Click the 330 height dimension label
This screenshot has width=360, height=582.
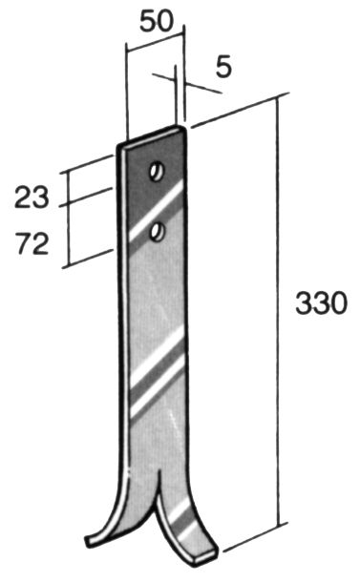click(x=319, y=304)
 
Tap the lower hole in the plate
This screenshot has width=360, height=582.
click(x=157, y=230)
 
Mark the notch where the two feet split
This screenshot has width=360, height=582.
click(x=155, y=477)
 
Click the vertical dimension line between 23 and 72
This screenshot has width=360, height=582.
click(x=64, y=219)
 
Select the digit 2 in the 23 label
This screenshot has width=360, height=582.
click(x=24, y=198)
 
